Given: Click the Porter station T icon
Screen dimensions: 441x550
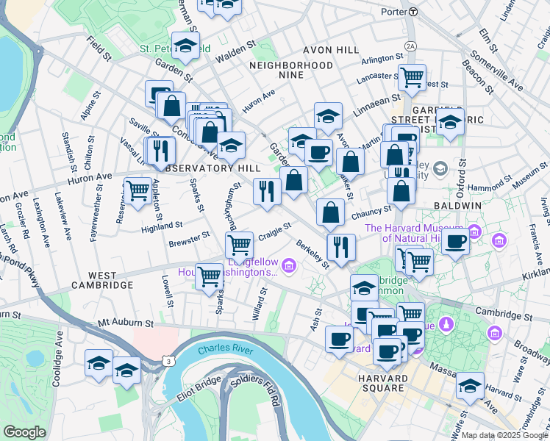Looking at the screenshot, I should (413, 12).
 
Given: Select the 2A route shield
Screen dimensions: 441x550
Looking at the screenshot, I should (410, 46).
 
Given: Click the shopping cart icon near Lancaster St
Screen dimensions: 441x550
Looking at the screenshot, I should (412, 76).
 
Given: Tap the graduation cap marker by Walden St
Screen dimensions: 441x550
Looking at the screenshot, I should (185, 45).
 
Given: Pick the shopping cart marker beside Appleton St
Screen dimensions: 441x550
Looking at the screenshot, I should (137, 191).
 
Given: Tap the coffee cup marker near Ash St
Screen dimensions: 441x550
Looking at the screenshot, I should (339, 339).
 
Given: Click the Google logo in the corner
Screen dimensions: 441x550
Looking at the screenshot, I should (24, 432).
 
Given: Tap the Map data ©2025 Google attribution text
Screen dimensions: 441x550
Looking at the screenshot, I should (504, 435).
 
